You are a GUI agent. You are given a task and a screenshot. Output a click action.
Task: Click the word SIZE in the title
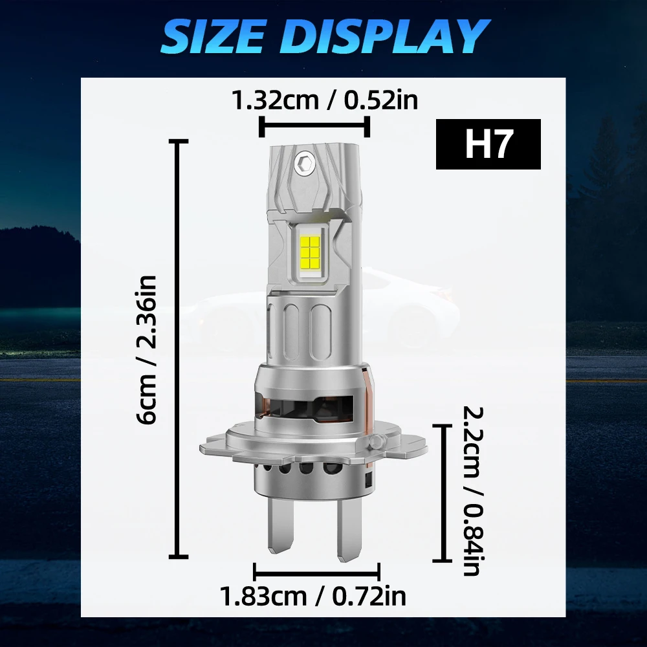coord(213,36)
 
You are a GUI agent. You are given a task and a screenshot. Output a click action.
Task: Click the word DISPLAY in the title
coord(386,36)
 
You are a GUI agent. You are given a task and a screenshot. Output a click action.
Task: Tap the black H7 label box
coord(488,144)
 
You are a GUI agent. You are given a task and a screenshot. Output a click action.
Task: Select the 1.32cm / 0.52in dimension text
coord(325,101)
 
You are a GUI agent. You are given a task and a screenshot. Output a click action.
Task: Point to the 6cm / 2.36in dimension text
coord(146,349)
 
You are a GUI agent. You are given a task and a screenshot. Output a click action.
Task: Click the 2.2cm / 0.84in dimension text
coord(471,491)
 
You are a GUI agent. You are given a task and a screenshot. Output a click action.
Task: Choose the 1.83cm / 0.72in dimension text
coord(314,597)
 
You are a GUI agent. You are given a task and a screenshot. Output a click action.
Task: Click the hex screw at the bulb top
coord(304,162)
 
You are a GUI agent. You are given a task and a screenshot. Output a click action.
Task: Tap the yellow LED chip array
coord(312,252)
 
